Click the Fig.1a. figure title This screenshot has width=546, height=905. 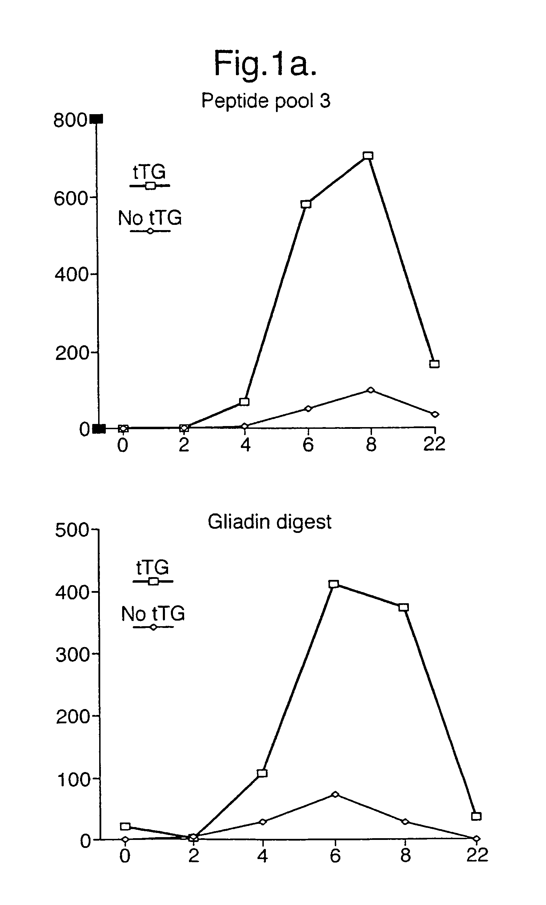(265, 64)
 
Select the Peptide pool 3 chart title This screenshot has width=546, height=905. (266, 100)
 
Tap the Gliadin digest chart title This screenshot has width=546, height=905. (269, 521)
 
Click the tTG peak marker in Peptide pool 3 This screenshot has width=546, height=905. (368, 156)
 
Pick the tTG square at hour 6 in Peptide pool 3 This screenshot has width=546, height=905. (306, 204)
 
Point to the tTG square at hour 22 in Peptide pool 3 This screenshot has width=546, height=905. (434, 364)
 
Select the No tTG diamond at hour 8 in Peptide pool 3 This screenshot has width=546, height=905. (371, 390)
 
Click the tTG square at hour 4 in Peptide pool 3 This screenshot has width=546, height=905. (244, 401)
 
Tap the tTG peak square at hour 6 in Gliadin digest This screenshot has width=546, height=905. (333, 584)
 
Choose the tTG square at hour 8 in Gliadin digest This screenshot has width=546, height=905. (404, 607)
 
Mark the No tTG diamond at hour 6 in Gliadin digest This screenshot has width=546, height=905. (335, 794)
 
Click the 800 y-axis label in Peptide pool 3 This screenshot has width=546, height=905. (70, 120)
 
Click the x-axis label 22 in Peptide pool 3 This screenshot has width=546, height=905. (434, 444)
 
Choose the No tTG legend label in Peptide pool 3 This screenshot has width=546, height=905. (150, 218)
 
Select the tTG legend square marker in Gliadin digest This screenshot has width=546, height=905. (153, 581)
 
